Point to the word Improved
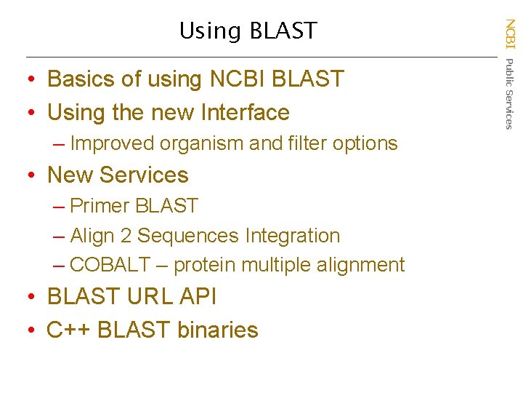click(113, 143)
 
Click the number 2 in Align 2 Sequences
click(126, 236)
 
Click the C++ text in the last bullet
click(68, 330)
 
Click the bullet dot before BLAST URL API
click(33, 298)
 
